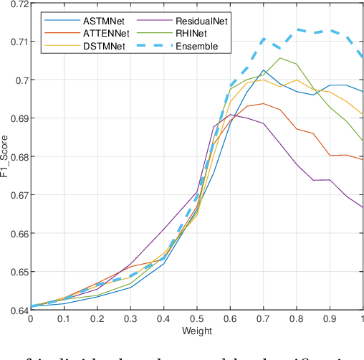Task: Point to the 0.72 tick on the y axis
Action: pos(16,4)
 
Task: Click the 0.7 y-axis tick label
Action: pos(19,80)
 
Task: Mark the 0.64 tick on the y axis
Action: pos(16,310)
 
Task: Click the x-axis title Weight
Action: pos(196,331)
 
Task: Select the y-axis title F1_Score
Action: pos(5,157)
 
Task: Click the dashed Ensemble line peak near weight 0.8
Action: pos(297,30)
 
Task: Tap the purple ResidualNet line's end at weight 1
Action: pos(363,207)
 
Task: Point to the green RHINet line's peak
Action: pos(279,58)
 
